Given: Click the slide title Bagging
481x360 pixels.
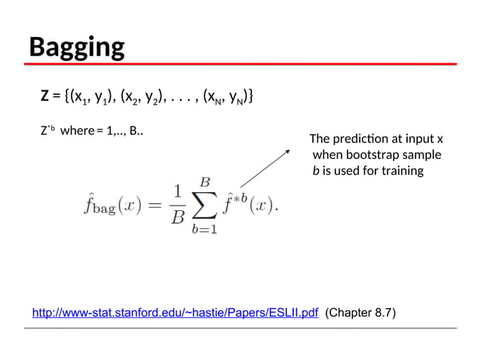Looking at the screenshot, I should (76, 47).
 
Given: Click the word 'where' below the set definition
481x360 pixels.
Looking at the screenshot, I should (76, 131).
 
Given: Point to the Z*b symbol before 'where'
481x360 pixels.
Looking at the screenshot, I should (47, 130).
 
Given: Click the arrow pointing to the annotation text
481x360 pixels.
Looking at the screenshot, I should (265, 167).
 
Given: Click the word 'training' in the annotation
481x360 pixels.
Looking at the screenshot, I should (403, 171).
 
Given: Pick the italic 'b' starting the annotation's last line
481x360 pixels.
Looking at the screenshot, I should (316, 171).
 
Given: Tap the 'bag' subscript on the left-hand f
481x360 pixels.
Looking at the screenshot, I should (103, 209).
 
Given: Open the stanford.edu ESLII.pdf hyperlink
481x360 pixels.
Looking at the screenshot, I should (175, 313).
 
